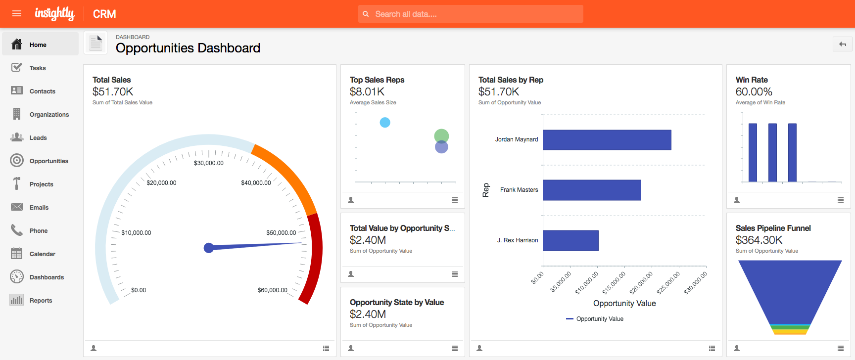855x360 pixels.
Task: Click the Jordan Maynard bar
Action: pyautogui.click(x=607, y=140)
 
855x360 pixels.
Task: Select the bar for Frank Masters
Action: pyautogui.click(x=592, y=190)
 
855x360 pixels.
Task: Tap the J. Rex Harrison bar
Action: pyautogui.click(x=570, y=240)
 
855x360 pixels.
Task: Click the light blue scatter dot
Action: pyautogui.click(x=385, y=123)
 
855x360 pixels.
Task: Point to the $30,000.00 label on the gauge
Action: pyautogui.click(x=209, y=163)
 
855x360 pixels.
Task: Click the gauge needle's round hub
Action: pyautogui.click(x=209, y=248)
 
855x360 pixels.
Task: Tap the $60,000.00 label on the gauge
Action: pyautogui.click(x=272, y=290)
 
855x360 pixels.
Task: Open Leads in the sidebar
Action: pyautogui.click(x=38, y=138)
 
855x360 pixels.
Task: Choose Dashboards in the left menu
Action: pyautogui.click(x=47, y=277)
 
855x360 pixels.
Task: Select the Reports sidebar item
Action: pyautogui.click(x=41, y=301)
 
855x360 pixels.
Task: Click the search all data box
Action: pyautogui.click(x=470, y=14)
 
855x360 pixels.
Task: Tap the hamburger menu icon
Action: pyautogui.click(x=17, y=13)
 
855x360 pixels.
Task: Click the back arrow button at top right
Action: pyautogui.click(x=842, y=45)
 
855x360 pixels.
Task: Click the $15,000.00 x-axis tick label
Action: pyautogui.click(x=614, y=282)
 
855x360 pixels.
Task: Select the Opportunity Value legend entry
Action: pyautogui.click(x=599, y=319)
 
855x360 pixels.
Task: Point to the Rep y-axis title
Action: pyautogui.click(x=486, y=190)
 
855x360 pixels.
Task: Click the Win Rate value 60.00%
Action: pyautogui.click(x=754, y=92)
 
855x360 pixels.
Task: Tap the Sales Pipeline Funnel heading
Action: pyautogui.click(x=773, y=228)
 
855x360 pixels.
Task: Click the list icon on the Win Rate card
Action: pyautogui.click(x=840, y=200)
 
